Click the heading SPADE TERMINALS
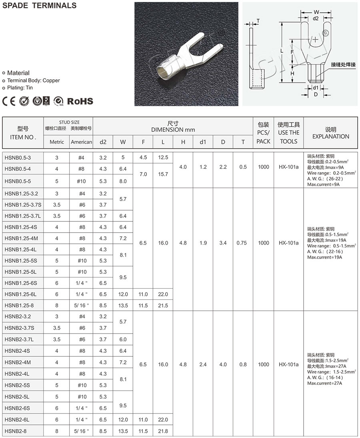pyautogui.click(x=39, y=6)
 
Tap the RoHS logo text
pyautogui.click(x=80, y=101)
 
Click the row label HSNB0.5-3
pyautogui.click(x=18, y=157)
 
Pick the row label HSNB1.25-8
pyautogui.click(x=19, y=305)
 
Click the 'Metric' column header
pyautogui.click(x=56, y=142)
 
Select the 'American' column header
pyautogui.click(x=81, y=142)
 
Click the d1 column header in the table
pyautogui.click(x=203, y=142)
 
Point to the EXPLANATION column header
pyautogui.click(x=331, y=137)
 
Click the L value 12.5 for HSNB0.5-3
pyautogui.click(x=163, y=157)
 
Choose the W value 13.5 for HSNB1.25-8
pyautogui.click(x=123, y=305)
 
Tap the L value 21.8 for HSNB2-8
pyautogui.click(x=163, y=431)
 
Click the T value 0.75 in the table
pyautogui.click(x=242, y=243)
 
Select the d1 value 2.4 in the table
pyautogui.click(x=203, y=365)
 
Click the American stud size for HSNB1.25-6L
pyautogui.click(x=81, y=294)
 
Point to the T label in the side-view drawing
pyautogui.click(x=258, y=21)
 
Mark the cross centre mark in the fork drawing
pyautogui.click(x=316, y=39)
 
